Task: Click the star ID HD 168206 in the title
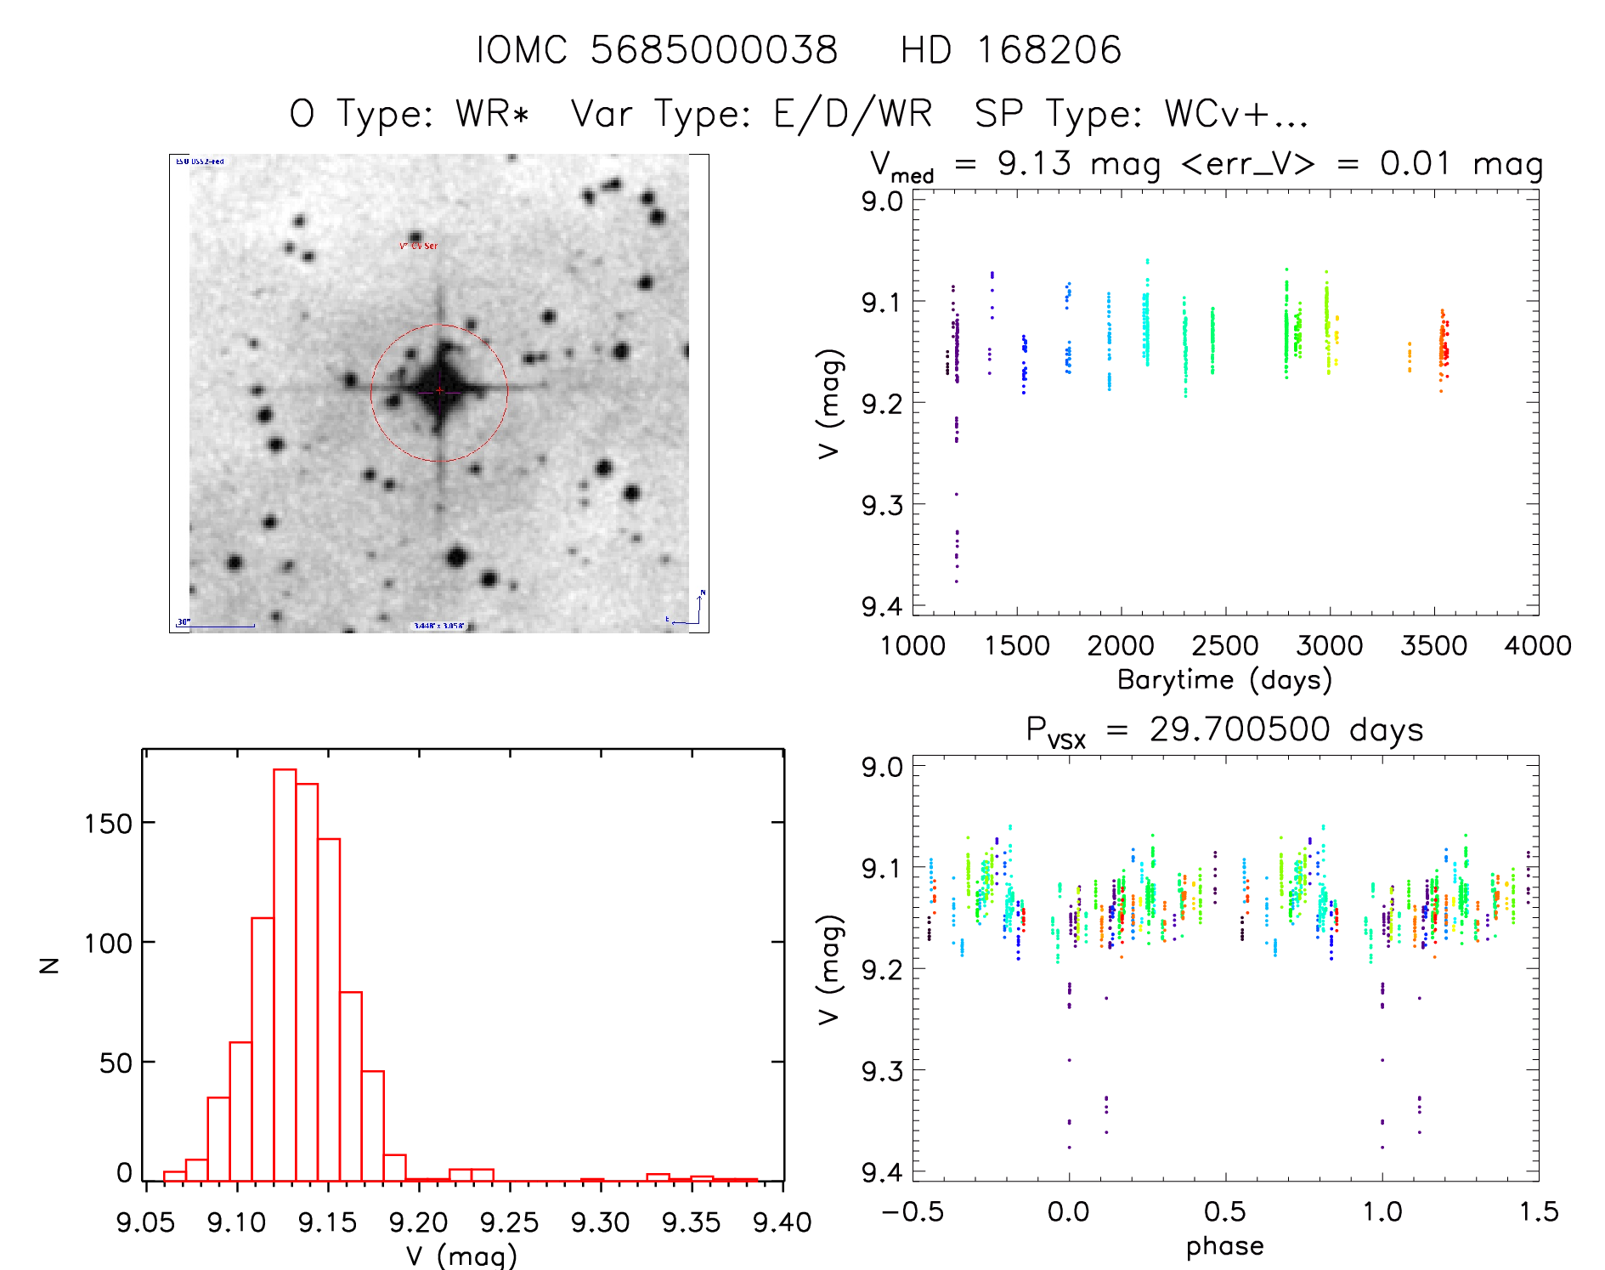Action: pos(1010,50)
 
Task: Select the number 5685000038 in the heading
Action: pos(714,50)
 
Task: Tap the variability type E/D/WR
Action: pos(852,114)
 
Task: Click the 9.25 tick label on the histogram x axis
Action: pos(509,1222)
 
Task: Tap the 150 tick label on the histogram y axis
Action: pos(108,823)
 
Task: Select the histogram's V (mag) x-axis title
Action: pos(461,1256)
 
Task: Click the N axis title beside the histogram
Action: pos(49,965)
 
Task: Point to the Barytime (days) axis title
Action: pos(1224,680)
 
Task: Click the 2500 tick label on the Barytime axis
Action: pos(1224,646)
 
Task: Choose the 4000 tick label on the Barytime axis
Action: pos(1537,646)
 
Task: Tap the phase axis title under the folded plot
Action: pos(1224,1246)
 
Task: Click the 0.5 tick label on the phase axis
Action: pos(1224,1211)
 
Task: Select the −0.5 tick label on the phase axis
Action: pos(912,1211)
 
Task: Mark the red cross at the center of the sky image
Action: pos(439,390)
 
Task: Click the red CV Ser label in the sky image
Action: pos(419,246)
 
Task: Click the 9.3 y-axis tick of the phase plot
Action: pos(882,1071)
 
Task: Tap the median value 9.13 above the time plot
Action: pos(1034,163)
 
